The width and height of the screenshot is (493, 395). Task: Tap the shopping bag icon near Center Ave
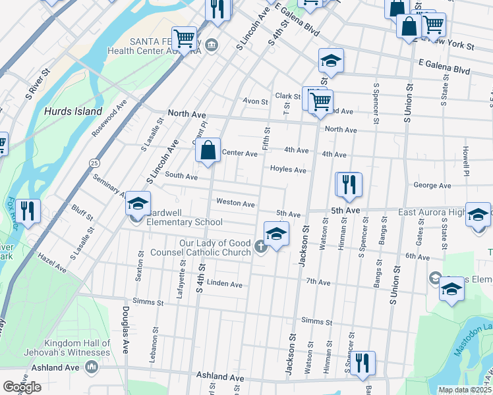tap(208, 151)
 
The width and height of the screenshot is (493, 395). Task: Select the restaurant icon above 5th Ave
tap(349, 185)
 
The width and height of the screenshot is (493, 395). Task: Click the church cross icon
tap(260, 248)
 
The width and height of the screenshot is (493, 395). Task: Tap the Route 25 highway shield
tap(95, 162)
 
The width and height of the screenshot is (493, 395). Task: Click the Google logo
tap(22, 386)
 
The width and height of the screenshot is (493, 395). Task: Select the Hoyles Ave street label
tap(287, 170)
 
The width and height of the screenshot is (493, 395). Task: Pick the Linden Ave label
tap(225, 284)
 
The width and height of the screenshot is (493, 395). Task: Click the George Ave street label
tap(432, 186)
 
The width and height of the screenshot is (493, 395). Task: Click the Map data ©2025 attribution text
tap(465, 390)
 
